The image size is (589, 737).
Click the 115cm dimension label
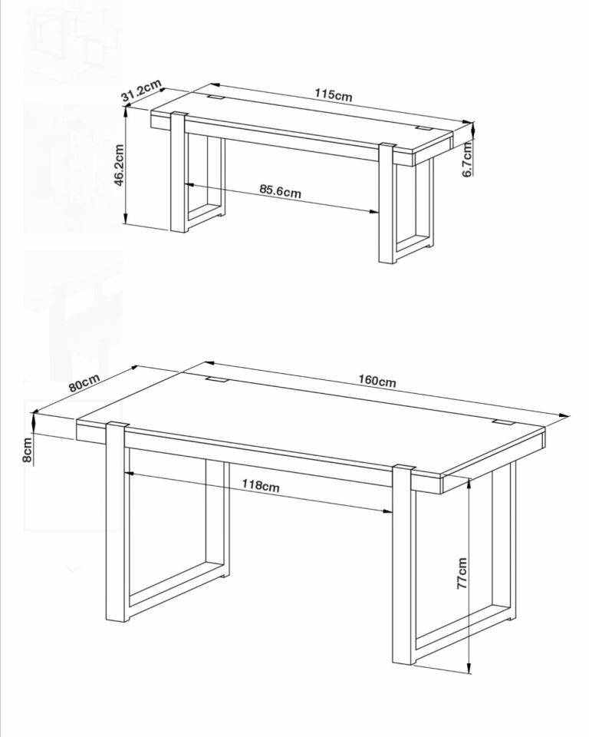pos(334,94)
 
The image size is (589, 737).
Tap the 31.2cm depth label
pos(141,91)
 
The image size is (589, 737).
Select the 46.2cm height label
pos(120,165)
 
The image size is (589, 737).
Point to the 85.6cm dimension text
pos(281,191)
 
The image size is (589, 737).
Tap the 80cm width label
pos(84,382)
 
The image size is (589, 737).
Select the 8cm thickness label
pos(28,450)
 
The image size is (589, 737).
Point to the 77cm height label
pos(462,573)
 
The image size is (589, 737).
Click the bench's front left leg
pos(178,171)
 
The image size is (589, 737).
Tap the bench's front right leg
pos(387,203)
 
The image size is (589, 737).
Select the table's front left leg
pos(115,522)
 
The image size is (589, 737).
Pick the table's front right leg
pos(403,564)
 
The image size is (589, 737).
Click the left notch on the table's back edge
pos(216,379)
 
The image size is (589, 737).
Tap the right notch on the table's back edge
pos(503,421)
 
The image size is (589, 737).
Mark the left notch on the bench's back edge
pos(216,97)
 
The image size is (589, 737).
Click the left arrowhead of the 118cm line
pos(129,474)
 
